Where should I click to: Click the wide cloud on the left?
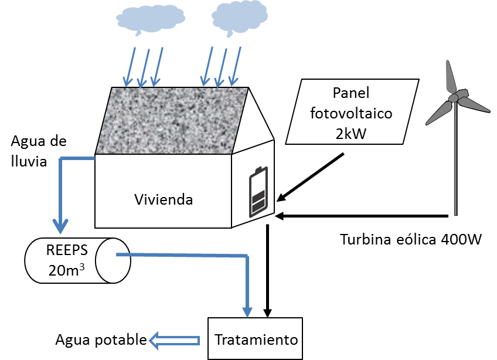(151, 18)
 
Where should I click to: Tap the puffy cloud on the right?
(239, 16)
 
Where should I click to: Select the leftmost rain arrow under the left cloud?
(130, 67)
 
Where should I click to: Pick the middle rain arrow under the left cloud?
(143, 68)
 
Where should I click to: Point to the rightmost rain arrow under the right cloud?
(235, 67)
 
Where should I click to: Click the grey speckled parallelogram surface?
(172, 120)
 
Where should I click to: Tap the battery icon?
(258, 192)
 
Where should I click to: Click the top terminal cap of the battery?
(258, 169)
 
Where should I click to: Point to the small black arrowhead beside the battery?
(281, 198)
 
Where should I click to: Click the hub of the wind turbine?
(453, 98)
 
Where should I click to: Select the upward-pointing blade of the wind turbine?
(450, 76)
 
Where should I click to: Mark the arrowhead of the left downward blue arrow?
(60, 226)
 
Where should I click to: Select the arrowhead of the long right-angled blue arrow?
(247, 311)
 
